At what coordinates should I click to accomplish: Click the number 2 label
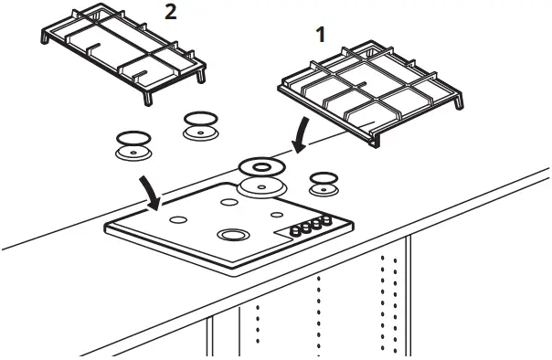click(169, 12)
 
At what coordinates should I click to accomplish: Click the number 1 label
click(320, 35)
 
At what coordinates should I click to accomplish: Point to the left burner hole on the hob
click(179, 219)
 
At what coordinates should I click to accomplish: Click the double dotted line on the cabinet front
click(389, 302)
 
